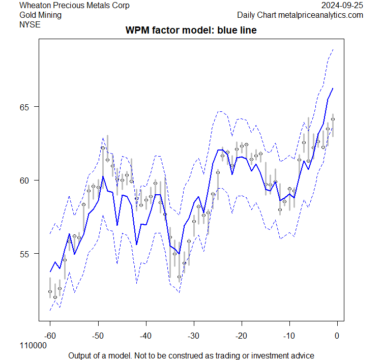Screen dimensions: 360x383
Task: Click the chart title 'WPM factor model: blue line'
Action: [191, 31]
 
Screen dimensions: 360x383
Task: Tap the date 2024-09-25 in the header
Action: [342, 6]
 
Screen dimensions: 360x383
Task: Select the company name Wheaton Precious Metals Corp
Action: [74, 6]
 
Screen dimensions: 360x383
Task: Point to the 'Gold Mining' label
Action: [40, 15]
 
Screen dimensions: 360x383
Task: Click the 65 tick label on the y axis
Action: [26, 107]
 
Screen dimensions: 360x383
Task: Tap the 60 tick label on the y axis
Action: [26, 181]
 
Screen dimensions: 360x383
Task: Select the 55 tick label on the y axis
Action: [26, 254]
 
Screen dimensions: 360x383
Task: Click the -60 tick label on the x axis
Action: [50, 336]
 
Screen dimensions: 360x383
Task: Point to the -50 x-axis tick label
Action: [98, 336]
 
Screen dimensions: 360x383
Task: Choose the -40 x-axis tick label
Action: [145, 336]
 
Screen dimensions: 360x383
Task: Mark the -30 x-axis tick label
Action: [193, 336]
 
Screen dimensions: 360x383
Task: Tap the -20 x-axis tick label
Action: [241, 336]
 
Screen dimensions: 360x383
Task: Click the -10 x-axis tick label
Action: [289, 336]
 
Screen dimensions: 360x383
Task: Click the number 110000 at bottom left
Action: [33, 346]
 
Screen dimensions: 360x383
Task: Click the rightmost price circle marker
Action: [333, 119]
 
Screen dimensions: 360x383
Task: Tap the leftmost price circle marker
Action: [50, 291]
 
